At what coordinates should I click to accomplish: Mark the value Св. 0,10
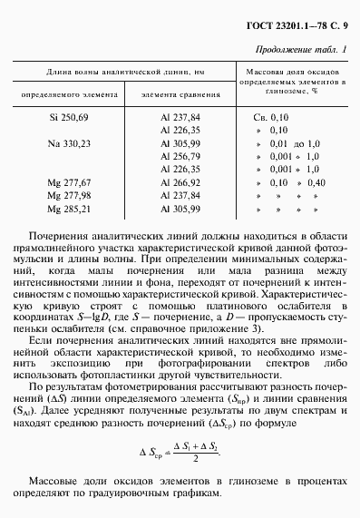(272, 118)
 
